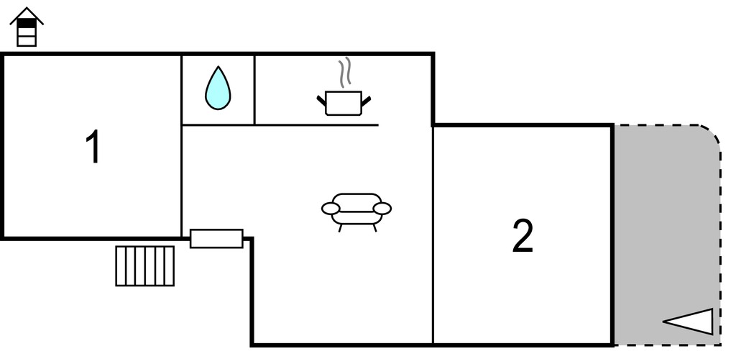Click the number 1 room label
click(93, 147)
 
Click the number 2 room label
click(523, 236)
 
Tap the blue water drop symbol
click(218, 88)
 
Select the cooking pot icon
click(344, 103)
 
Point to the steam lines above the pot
click(345, 73)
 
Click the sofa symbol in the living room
click(356, 211)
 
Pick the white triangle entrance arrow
click(688, 322)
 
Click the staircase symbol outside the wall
click(145, 266)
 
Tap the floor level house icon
click(27, 27)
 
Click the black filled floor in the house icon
click(27, 23)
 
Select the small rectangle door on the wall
click(216, 239)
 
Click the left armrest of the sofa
click(331, 209)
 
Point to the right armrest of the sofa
click(382, 209)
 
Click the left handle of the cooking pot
click(321, 101)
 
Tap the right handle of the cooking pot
click(366, 101)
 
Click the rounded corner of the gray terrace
click(714, 132)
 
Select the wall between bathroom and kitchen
click(254, 90)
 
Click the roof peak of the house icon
click(27, 8)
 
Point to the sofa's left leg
click(340, 228)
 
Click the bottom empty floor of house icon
click(27, 41)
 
